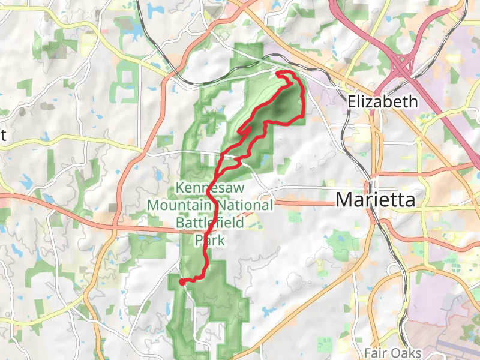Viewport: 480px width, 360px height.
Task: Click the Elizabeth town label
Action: pyautogui.click(x=383, y=101)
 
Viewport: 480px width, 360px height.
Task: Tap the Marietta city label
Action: pyautogui.click(x=376, y=200)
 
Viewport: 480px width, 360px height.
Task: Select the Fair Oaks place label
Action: pyautogui.click(x=393, y=353)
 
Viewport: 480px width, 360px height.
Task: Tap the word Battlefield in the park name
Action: pyautogui.click(x=209, y=223)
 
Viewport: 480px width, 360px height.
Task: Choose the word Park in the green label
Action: pyautogui.click(x=209, y=241)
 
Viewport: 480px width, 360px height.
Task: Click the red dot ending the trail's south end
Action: pyautogui.click(x=181, y=281)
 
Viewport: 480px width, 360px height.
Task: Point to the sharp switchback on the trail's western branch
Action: pyautogui.click(x=239, y=131)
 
